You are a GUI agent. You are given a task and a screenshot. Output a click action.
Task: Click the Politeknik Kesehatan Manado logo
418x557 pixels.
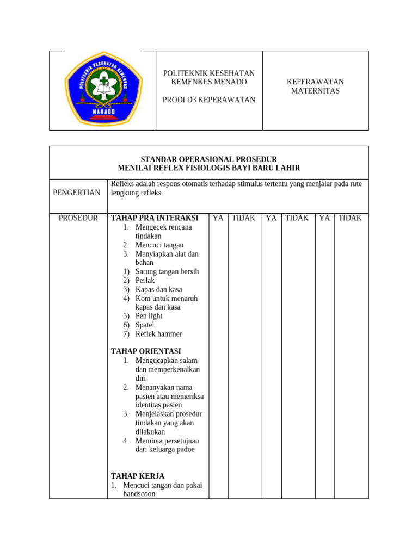coord(103,90)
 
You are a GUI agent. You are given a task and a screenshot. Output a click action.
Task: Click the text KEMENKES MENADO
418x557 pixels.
coord(209,82)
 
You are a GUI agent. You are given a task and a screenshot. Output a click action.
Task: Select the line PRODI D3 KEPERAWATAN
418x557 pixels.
coord(209,100)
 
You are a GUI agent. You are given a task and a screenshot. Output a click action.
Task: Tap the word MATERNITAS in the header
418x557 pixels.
coord(315,91)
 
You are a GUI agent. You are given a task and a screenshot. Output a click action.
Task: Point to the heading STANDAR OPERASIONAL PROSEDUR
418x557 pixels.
coord(209,159)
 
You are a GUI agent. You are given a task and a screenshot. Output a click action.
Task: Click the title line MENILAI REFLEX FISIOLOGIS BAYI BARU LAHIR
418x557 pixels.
coord(209,168)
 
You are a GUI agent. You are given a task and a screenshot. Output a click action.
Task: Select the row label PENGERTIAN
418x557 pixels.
coord(77,193)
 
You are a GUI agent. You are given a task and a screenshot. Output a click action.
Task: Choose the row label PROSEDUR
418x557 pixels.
coord(78,218)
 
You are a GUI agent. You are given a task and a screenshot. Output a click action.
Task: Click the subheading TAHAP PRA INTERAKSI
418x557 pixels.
coord(155,218)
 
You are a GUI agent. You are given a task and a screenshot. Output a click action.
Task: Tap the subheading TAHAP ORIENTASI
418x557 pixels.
coord(146,351)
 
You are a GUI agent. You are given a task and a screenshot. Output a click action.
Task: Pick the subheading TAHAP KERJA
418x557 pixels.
coord(138,476)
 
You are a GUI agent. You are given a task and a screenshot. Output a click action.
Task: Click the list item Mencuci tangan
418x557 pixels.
coord(159,245)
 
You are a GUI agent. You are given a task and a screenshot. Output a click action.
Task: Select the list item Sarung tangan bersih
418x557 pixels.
coord(167,271)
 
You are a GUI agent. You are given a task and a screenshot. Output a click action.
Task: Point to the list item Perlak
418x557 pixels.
coord(145,281)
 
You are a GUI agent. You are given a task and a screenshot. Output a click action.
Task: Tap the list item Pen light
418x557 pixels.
coord(149,316)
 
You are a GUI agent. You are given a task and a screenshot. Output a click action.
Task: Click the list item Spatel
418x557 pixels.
coord(145,325)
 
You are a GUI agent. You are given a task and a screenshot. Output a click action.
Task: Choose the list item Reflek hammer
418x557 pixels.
coord(159,334)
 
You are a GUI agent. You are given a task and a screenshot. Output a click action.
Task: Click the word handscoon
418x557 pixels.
coord(139,494)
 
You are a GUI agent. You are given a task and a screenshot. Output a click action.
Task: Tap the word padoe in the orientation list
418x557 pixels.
coord(185,450)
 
